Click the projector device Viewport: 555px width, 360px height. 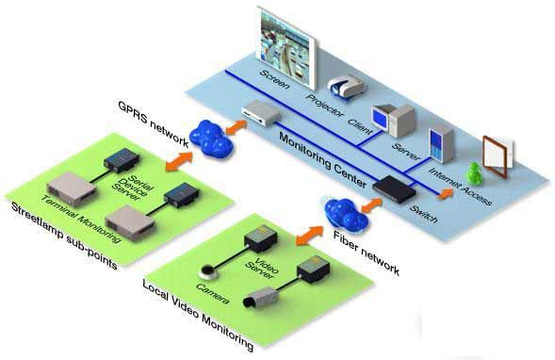coord(346,86)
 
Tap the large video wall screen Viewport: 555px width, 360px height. coord(286,47)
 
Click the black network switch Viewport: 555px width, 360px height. coord(394,188)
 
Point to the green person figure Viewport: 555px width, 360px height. coord(474,173)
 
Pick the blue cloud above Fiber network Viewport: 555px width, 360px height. coord(346,216)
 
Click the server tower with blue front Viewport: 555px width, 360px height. coord(441,145)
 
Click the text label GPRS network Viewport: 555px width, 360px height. coord(153,123)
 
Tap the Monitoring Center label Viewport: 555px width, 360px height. coord(322,159)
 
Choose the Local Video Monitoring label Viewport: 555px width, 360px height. coord(198,315)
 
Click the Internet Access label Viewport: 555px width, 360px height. coord(460,187)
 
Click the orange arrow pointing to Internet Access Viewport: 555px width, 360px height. coord(446,194)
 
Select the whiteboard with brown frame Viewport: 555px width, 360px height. coord(498,156)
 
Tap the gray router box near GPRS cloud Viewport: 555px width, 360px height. coord(261,112)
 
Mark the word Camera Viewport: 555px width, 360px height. coord(212,294)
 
